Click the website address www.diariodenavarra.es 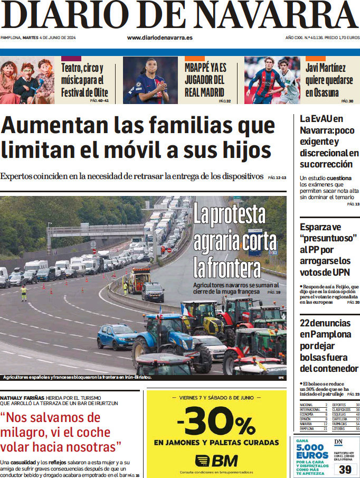pyautogui.click(x=159, y=38)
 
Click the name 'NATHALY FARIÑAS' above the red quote pyautogui.click(x=22, y=397)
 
